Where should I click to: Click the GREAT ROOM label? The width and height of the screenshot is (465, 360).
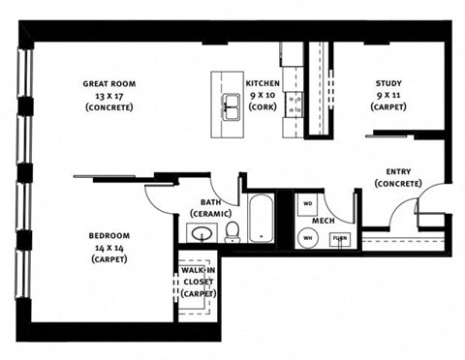pyautogui.click(x=108, y=83)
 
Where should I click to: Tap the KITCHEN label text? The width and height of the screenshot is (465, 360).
pyautogui.click(x=263, y=83)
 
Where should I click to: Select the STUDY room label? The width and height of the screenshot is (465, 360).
pyautogui.click(x=389, y=83)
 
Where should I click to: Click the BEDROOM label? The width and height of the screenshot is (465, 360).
pyautogui.click(x=109, y=236)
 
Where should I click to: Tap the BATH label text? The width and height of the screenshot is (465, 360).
pyautogui.click(x=210, y=201)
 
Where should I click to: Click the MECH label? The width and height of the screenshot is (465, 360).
pyautogui.click(x=323, y=219)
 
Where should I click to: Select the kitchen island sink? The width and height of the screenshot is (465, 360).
pyautogui.click(x=232, y=105)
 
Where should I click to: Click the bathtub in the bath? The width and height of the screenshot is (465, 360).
pyautogui.click(x=262, y=220)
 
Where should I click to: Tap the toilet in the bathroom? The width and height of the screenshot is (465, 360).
pyautogui.click(x=232, y=231)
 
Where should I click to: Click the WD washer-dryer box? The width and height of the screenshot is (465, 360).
pyautogui.click(x=307, y=204)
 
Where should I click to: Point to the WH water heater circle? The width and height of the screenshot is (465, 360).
pyautogui.click(x=307, y=236)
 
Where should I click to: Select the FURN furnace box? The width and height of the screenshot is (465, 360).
pyautogui.click(x=338, y=238)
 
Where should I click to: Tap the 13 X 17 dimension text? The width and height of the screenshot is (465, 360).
pyautogui.click(x=108, y=95)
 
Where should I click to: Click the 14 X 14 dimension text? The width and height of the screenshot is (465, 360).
pyautogui.click(x=109, y=248)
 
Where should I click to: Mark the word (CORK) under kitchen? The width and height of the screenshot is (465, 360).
pyautogui.click(x=263, y=106)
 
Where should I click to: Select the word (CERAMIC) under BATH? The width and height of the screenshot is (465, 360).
pyautogui.click(x=210, y=212)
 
